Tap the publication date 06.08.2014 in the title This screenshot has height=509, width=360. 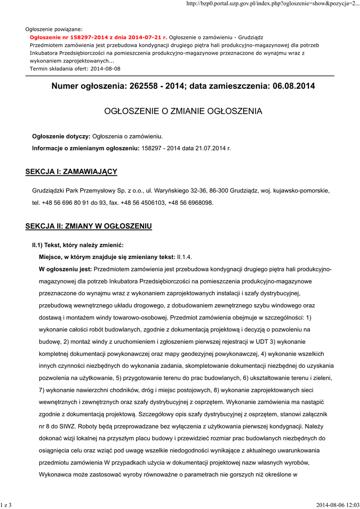(294, 86)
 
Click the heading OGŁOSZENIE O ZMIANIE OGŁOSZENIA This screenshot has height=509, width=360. (183, 111)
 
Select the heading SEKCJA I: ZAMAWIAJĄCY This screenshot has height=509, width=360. (71, 171)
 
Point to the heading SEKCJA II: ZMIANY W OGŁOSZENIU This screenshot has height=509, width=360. (89, 226)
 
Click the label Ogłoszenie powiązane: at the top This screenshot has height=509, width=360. (54, 29)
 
